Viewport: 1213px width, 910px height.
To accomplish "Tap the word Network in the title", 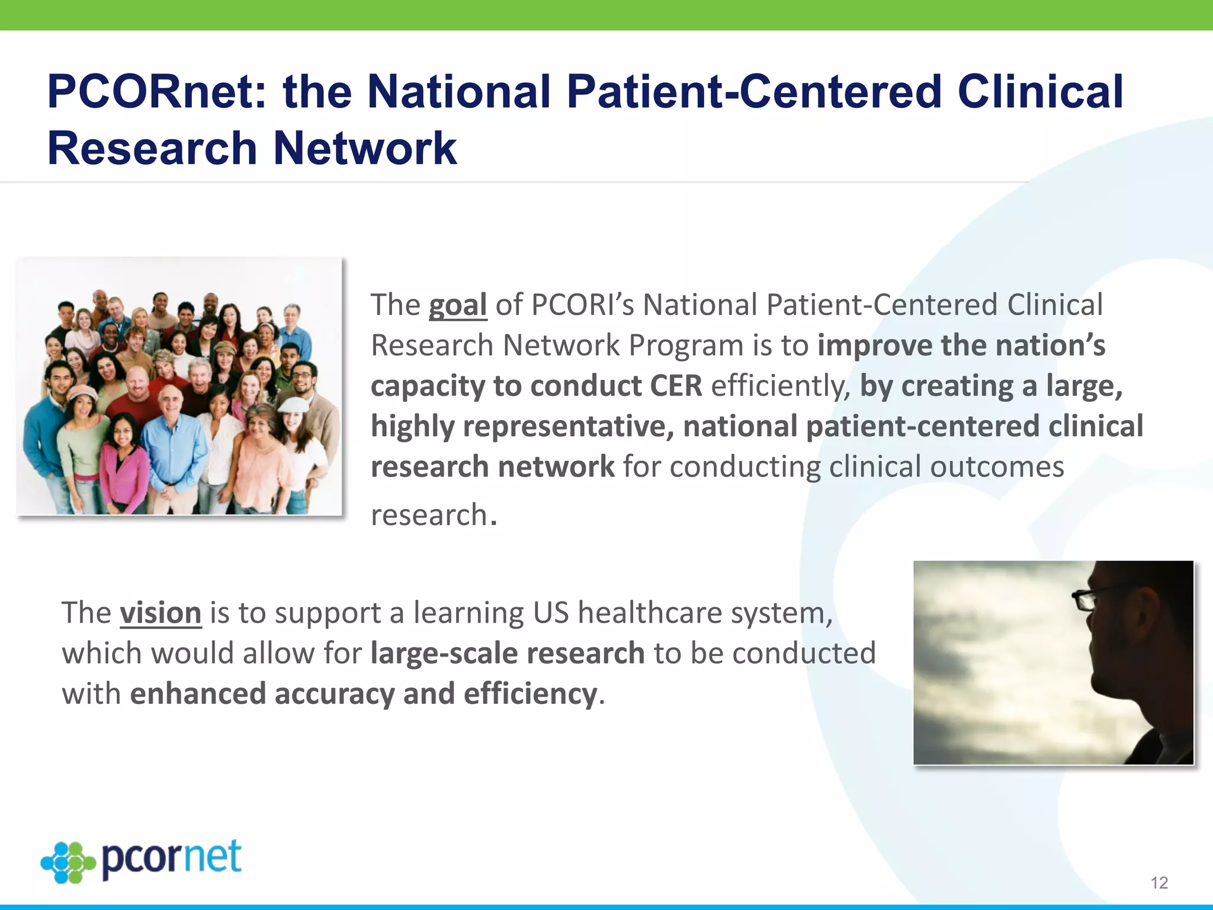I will [x=365, y=148].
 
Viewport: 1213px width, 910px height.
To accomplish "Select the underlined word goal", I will [x=458, y=306].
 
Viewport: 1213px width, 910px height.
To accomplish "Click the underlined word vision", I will [x=161, y=613].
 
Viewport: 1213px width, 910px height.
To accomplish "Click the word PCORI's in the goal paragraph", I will [x=582, y=306].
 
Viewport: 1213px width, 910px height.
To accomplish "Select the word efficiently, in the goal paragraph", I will [x=781, y=386].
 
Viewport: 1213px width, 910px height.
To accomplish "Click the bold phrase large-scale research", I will [x=508, y=653].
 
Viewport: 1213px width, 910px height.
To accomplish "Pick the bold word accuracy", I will [x=335, y=694].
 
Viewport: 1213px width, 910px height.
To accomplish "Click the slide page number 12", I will [x=1159, y=883].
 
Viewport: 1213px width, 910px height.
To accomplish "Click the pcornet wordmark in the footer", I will [x=172, y=858].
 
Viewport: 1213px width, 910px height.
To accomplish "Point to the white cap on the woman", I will [x=294, y=404].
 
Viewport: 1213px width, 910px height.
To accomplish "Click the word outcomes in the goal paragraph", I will [x=997, y=467].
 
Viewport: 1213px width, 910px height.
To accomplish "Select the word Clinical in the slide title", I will [x=1040, y=92].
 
